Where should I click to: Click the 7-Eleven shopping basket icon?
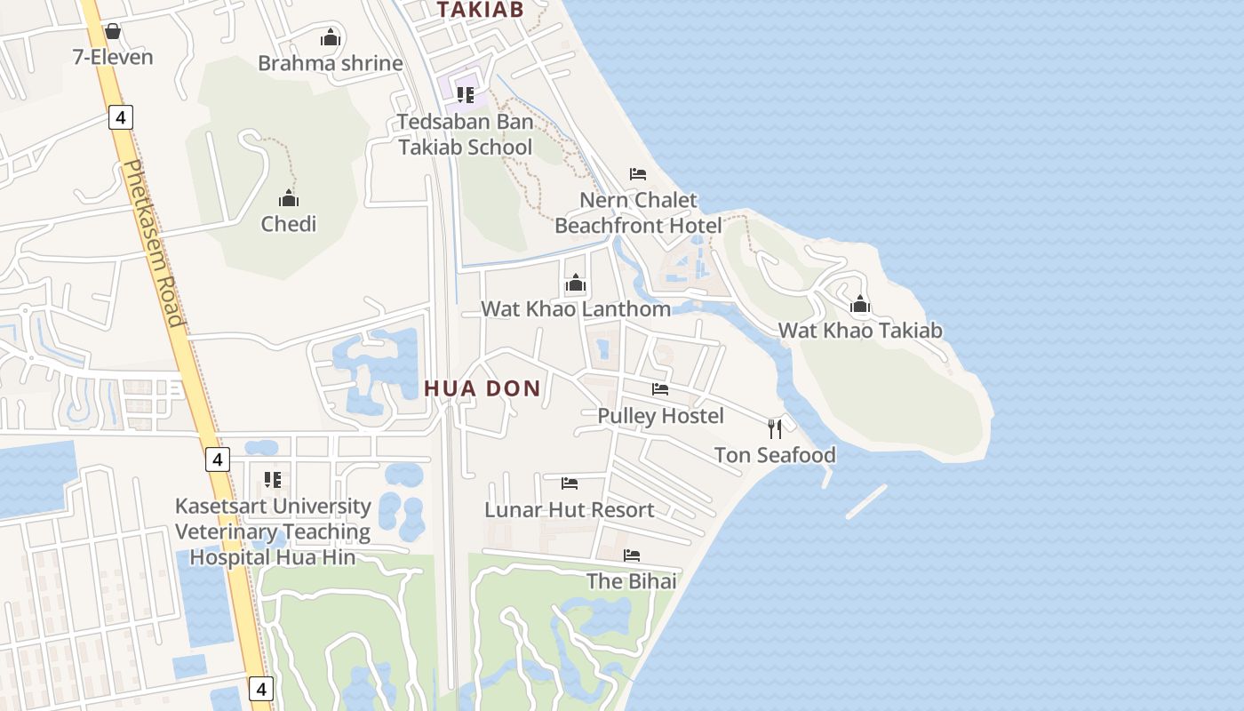(113, 32)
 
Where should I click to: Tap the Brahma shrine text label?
(331, 64)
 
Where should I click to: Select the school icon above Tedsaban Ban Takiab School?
(466, 94)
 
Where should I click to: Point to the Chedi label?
(289, 224)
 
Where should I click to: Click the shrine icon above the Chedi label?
(289, 197)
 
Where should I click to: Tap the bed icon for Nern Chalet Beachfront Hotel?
(638, 173)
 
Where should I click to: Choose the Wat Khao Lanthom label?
(576, 309)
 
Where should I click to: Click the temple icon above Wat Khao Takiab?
(859, 305)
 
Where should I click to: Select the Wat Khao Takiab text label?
(860, 332)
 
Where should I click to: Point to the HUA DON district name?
(482, 388)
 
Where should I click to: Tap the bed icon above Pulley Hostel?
(660, 388)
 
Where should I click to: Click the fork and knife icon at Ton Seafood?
(775, 429)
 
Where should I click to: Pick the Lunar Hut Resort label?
(569, 510)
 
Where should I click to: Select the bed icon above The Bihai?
(632, 555)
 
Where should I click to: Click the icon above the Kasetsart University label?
(273, 480)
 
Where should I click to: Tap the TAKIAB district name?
(481, 10)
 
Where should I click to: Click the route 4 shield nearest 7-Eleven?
(121, 116)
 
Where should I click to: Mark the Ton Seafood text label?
(775, 456)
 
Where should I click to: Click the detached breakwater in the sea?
(866, 501)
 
